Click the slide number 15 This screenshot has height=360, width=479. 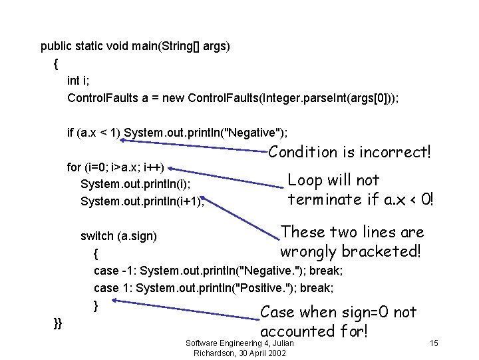tap(434, 343)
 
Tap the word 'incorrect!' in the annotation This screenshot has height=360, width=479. tap(395, 152)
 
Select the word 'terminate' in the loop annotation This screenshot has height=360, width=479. tap(325, 199)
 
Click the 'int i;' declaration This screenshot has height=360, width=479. tap(78, 81)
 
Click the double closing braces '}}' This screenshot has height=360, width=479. tap(58, 323)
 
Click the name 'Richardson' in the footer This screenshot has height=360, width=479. tap(217, 353)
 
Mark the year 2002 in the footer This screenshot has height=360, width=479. tap(274, 353)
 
